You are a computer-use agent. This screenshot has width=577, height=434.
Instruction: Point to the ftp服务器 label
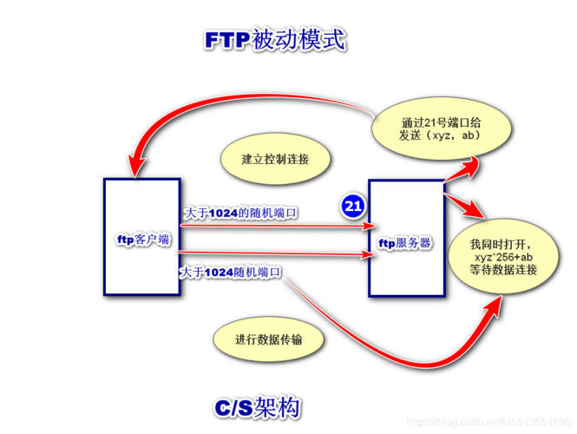(x=406, y=243)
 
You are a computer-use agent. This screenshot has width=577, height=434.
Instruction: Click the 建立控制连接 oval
(x=275, y=160)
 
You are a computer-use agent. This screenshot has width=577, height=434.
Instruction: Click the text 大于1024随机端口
(x=231, y=273)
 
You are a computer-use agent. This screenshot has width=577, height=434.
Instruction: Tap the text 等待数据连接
(x=503, y=271)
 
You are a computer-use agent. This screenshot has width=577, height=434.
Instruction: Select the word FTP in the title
(x=227, y=41)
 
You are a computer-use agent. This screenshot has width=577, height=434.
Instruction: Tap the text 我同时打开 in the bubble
(x=502, y=242)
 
